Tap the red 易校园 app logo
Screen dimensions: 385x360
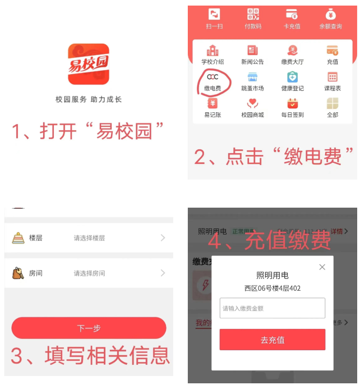[89, 64]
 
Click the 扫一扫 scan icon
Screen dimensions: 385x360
[214, 15]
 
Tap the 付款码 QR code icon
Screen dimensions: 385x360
[253, 15]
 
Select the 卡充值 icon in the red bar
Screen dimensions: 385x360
[292, 15]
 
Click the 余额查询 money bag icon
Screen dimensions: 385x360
[331, 15]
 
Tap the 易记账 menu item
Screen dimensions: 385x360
[213, 104]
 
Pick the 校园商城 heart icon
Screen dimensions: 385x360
[252, 104]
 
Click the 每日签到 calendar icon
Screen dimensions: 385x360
[292, 104]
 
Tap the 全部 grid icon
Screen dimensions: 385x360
[333, 104]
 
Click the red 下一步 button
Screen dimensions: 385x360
[89, 328]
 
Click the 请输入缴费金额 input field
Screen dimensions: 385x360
[272, 308]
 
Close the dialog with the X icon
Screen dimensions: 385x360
[322, 267]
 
